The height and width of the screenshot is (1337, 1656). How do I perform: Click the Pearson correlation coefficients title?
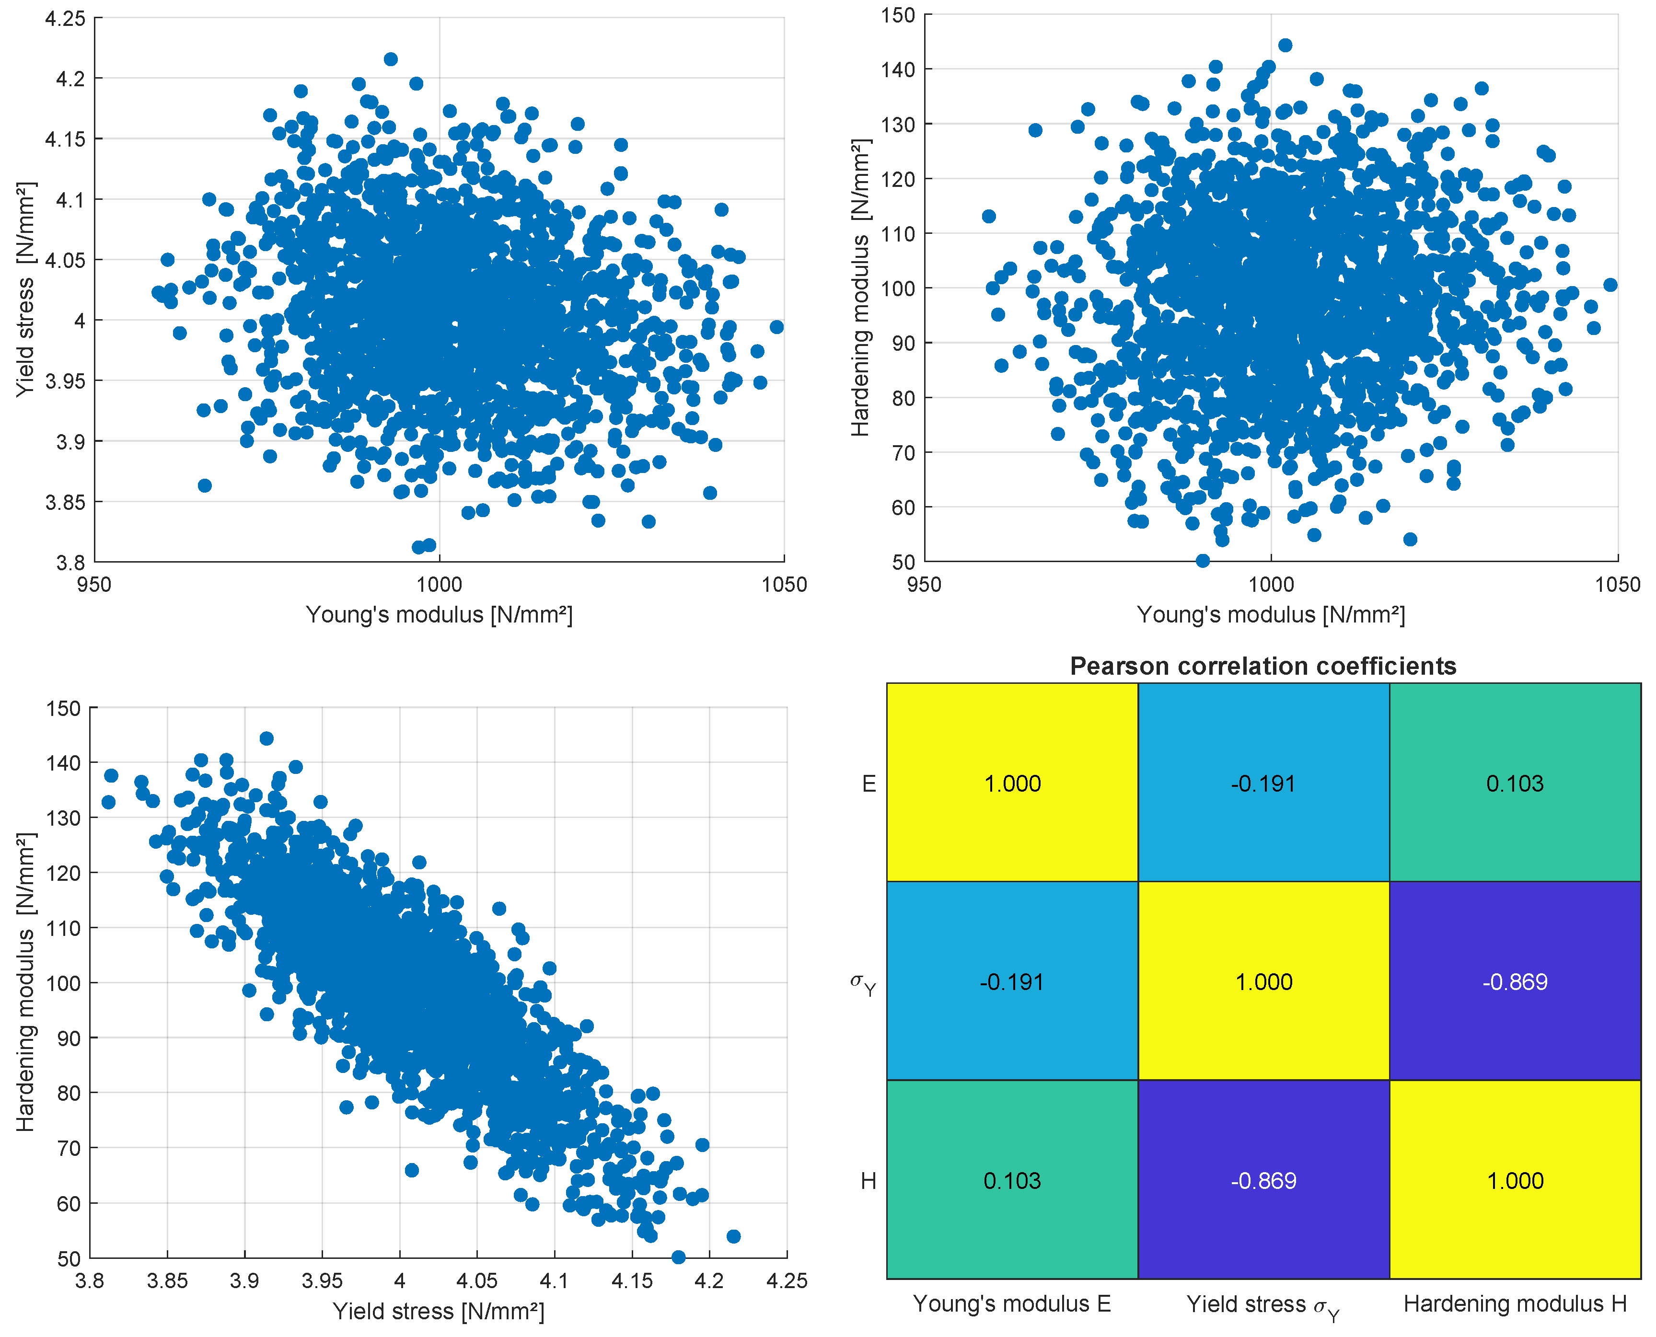(1263, 666)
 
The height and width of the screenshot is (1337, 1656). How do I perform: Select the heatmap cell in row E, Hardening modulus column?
(1515, 783)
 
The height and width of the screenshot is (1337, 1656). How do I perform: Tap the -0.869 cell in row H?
(1263, 1181)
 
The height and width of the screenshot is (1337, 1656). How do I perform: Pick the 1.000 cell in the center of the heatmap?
(1263, 981)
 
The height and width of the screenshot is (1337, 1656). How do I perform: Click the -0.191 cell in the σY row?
(1012, 981)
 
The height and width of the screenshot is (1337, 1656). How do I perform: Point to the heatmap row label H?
(868, 1181)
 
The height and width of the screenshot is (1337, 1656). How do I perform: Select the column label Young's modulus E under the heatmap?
(1012, 1304)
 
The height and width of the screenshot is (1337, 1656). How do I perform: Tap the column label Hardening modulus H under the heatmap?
(1515, 1304)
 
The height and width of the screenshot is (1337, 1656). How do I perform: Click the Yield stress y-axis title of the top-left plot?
(25, 289)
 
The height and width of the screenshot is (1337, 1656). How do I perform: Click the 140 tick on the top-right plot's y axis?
(898, 69)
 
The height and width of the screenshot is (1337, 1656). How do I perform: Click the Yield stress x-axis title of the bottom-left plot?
(438, 1311)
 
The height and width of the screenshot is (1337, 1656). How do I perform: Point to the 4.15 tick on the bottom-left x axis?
(632, 1281)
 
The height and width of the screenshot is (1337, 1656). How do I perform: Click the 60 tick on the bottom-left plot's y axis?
(69, 1203)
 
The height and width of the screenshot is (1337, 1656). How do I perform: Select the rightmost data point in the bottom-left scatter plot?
(733, 1236)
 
